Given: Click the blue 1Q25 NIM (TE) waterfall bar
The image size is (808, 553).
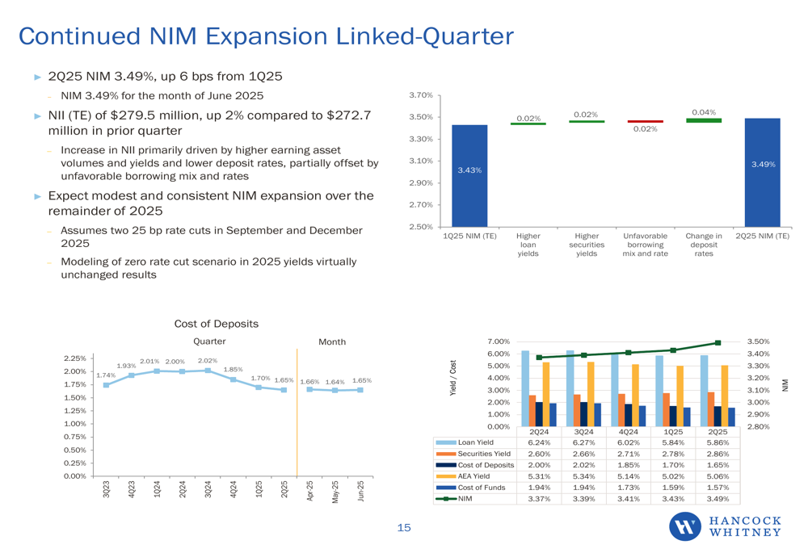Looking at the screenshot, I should tap(469, 175).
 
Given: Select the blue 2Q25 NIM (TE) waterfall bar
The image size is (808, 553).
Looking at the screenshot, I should tap(762, 172).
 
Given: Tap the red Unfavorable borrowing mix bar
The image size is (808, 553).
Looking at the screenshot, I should tap(645, 122).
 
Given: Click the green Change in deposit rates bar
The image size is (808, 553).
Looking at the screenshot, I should tap(704, 120).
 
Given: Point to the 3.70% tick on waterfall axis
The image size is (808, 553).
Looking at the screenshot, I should tap(420, 95).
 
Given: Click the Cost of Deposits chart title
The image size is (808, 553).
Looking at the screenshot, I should tap(217, 324).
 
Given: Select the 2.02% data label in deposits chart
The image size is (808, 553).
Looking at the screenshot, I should tap(208, 361).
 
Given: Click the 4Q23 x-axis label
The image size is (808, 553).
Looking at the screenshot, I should tap(131, 489).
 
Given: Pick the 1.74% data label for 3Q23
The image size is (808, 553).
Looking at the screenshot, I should tap(105, 375).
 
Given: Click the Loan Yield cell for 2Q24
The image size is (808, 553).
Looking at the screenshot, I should tap(539, 442).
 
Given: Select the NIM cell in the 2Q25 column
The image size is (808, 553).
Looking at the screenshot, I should tap(718, 499).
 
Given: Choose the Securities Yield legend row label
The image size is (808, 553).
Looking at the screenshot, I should tap(484, 454).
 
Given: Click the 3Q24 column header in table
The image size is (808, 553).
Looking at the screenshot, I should tap(583, 432).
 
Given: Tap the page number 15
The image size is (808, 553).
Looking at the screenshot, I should tap(403, 528).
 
